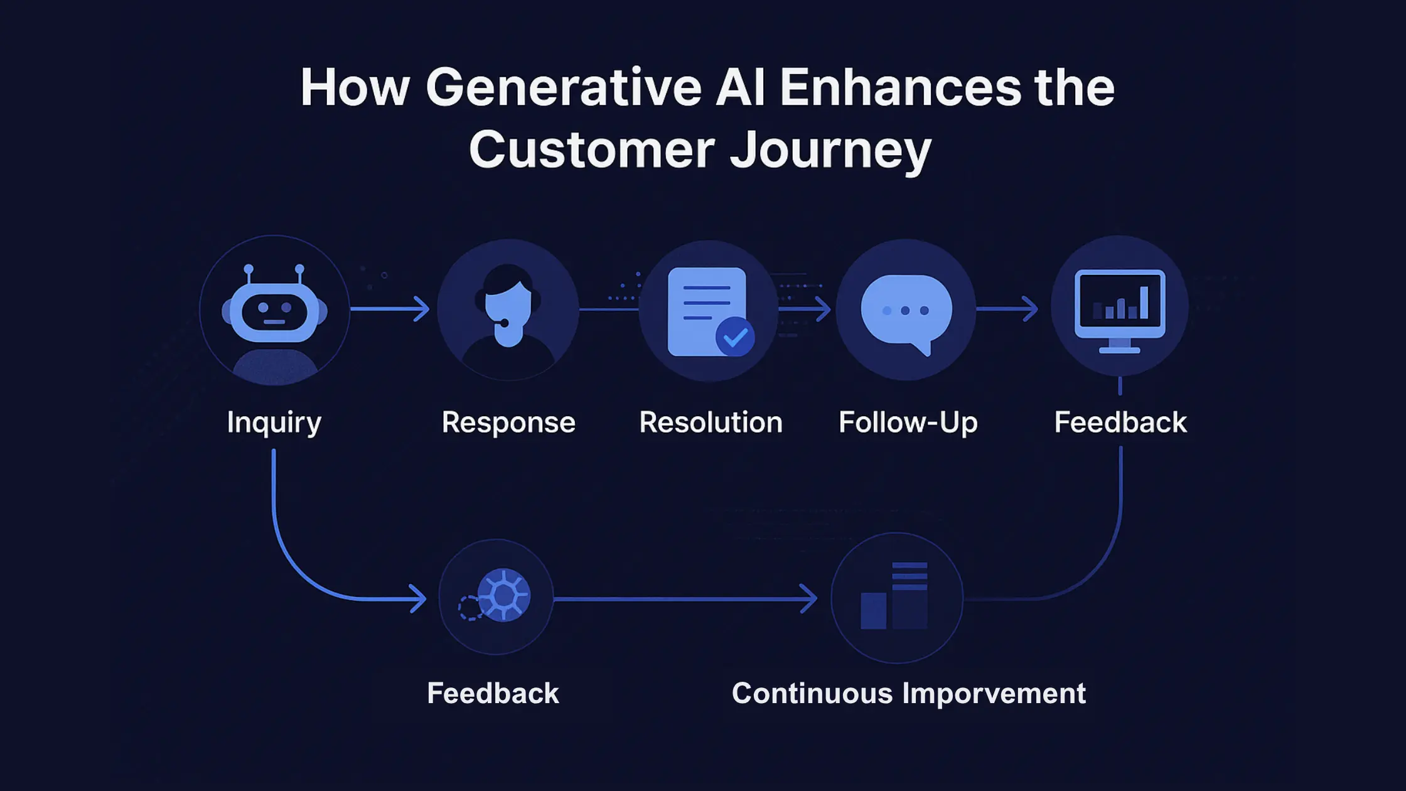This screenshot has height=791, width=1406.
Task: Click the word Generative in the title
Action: [x=563, y=88]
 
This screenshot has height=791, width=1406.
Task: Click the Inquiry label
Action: [x=274, y=422]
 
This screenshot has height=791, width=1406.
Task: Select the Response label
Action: [x=508, y=422]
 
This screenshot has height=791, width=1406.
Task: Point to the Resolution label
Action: [x=711, y=422]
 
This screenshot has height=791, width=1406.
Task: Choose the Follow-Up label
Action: [x=908, y=422]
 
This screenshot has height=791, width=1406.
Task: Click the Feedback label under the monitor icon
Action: [x=1120, y=422]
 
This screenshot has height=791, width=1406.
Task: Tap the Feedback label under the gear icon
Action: [x=493, y=694]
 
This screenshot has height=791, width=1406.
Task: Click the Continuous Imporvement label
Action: [x=908, y=694]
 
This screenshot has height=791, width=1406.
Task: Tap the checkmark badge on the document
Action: [x=735, y=337]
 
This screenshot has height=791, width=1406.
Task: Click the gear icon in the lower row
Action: [x=503, y=595]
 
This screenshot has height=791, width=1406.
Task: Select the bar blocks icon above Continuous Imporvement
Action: [x=894, y=596]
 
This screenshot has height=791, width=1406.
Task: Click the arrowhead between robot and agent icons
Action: [x=422, y=309]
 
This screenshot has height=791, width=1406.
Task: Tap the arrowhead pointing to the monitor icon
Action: [x=1030, y=309]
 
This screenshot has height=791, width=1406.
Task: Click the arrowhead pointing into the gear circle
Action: [x=419, y=599]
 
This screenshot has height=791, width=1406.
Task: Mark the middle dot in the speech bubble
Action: [x=905, y=311]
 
